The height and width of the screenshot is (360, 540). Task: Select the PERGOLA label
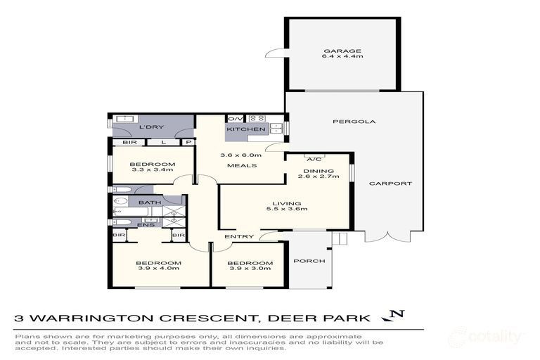tap(344, 122)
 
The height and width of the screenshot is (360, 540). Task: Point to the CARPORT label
tap(394, 184)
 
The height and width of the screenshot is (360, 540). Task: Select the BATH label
tap(149, 202)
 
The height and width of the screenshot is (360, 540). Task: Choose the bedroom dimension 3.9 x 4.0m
tap(157, 268)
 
